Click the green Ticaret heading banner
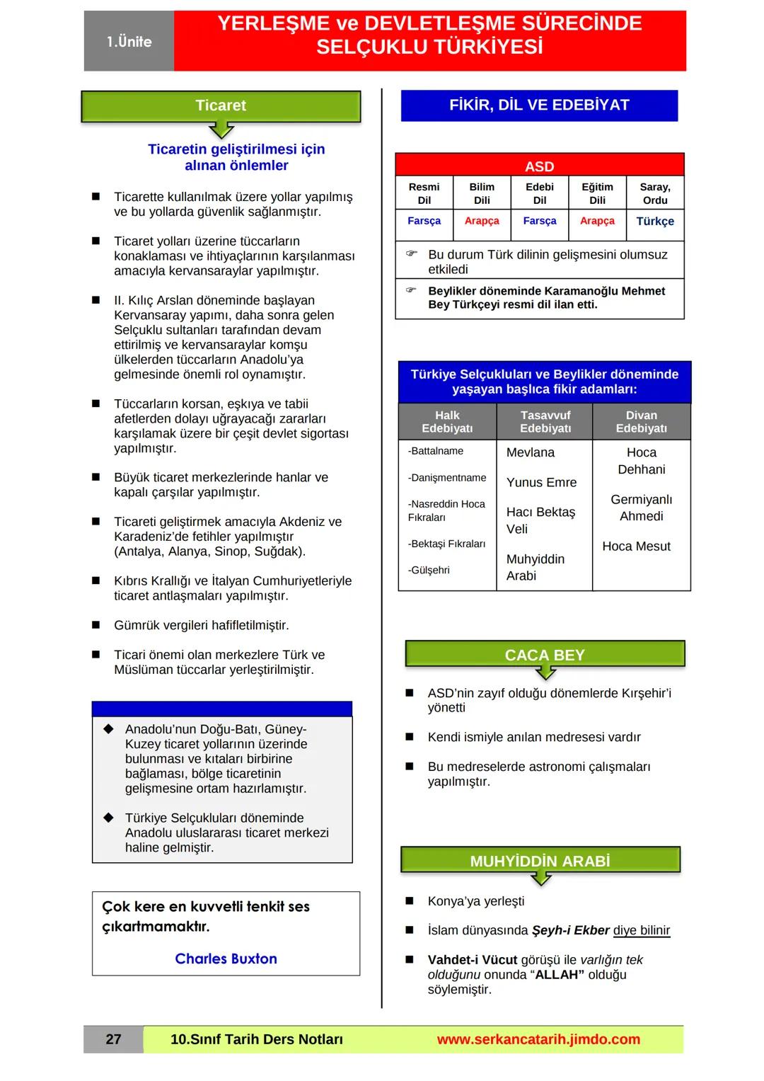point(221,106)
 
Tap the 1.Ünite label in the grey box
point(129,42)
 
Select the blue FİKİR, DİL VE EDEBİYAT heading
point(539,105)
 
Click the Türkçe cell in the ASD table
point(655,222)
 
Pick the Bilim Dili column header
point(482,193)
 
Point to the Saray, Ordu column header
point(655,193)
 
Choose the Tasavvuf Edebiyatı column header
point(545,422)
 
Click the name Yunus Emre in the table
point(541,483)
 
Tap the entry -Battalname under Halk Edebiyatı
point(436,451)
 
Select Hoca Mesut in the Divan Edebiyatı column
point(636,547)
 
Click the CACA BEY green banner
point(545,655)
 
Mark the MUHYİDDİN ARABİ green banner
point(540,861)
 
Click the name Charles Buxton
point(226,959)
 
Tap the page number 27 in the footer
point(113,1039)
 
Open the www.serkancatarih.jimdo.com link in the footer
point(538,1039)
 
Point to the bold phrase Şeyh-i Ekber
point(570,931)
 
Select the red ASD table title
point(539,166)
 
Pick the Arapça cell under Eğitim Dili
point(597,221)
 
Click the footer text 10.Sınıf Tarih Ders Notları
point(256,1039)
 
